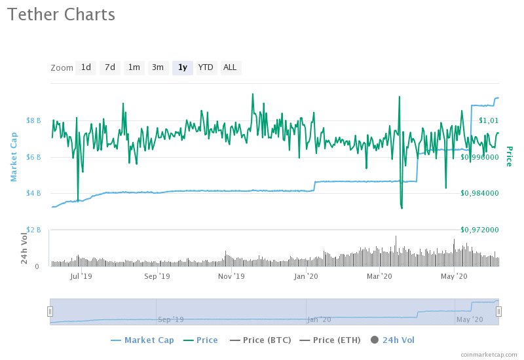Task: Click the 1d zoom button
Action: tap(86, 67)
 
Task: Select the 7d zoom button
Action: tap(110, 67)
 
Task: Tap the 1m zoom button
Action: tap(134, 67)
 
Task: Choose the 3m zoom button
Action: tap(158, 67)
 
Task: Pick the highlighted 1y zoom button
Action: tap(182, 67)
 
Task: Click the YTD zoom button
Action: tap(206, 67)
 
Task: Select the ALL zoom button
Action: tap(230, 67)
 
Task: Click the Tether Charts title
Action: tap(62, 14)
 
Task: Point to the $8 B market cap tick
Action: tap(34, 120)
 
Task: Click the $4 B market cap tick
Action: tap(34, 193)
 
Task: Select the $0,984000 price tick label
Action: tap(481, 193)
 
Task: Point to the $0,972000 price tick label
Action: tap(481, 230)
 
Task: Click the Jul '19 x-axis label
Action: tap(82, 276)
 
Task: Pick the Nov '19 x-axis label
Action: tap(231, 276)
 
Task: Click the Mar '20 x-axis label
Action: tap(380, 276)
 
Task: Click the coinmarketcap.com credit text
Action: tap(488, 354)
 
